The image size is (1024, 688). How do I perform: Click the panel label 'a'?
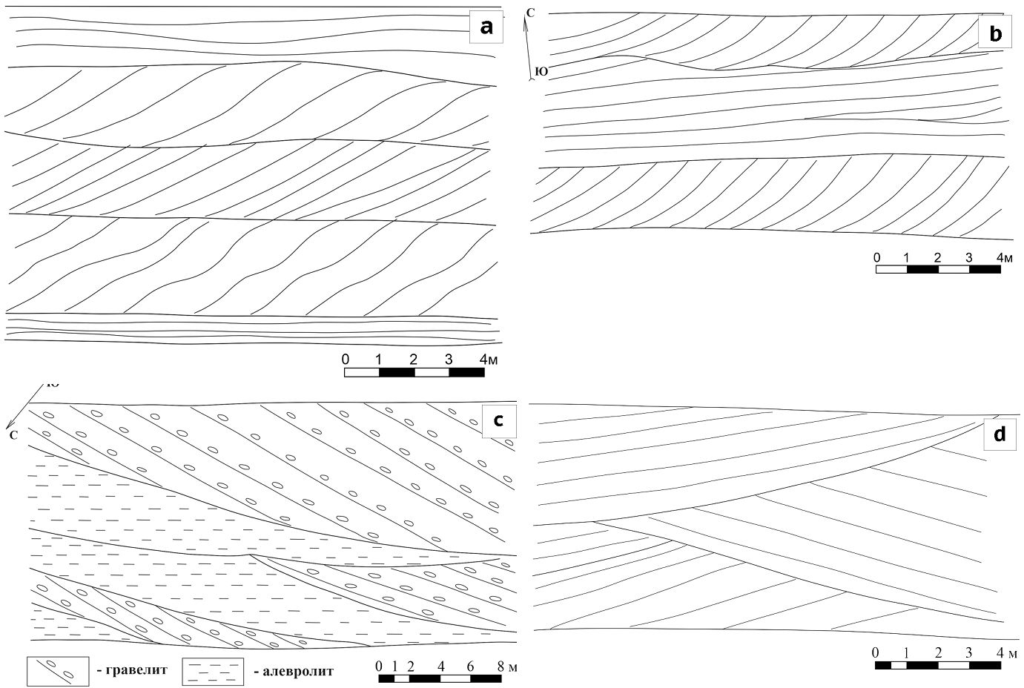pyautogui.click(x=486, y=27)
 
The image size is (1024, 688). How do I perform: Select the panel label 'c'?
pyautogui.click(x=499, y=420)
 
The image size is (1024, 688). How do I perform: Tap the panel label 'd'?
pyautogui.click(x=999, y=434)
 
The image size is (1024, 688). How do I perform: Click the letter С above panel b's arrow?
pyautogui.click(x=530, y=13)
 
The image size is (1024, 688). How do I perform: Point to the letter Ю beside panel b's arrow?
pyautogui.click(x=541, y=71)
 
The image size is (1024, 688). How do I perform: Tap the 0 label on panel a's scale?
pyautogui.click(x=346, y=360)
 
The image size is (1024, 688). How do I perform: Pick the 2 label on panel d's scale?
pyautogui.click(x=939, y=653)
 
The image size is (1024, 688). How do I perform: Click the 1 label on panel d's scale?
pyautogui.click(x=906, y=653)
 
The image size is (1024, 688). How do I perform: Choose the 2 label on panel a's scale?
pyautogui.click(x=413, y=360)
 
